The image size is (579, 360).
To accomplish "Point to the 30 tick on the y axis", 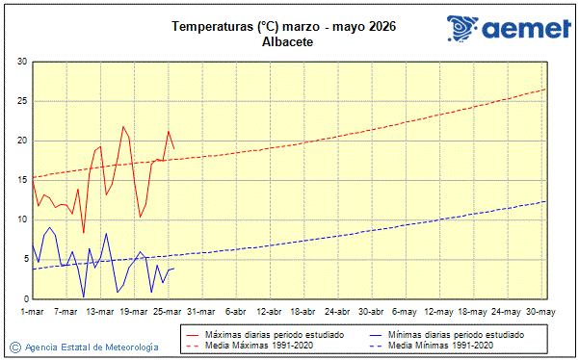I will pos(22,62).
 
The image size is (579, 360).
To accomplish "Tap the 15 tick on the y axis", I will pos(22,180).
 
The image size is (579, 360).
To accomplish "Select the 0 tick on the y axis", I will pos(24,297).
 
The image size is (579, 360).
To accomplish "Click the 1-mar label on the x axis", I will pos(33,312).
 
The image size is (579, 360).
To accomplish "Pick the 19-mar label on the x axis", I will pos(134,312).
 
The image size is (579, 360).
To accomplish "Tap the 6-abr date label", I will pos(235,312).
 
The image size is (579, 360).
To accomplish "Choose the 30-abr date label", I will pos(371,312).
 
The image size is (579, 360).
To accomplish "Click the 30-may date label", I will pos(540,312).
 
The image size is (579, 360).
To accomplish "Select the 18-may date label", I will pos(472,312).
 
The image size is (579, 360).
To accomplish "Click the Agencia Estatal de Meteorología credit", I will pos(92,347).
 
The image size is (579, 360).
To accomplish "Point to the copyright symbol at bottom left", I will pos(14,347).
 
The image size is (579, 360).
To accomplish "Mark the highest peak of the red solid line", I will pos(123,126).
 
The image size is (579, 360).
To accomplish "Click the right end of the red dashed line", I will pos(545,89).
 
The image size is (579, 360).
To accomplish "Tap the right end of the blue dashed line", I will pos(545,201).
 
